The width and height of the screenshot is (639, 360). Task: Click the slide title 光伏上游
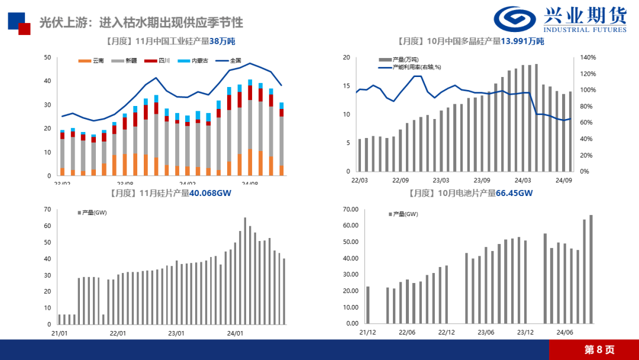coord(141,23)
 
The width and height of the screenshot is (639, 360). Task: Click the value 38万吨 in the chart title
coord(222,41)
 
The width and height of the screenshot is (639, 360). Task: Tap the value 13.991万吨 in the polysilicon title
coord(522,41)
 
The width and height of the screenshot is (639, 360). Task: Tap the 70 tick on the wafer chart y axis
coord(48,209)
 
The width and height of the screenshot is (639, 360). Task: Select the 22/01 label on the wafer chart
coord(118,333)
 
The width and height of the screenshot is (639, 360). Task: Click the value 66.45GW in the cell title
coord(515,193)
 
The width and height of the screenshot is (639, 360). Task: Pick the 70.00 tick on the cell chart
coord(351,209)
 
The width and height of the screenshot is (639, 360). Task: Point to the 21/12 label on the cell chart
coord(367,333)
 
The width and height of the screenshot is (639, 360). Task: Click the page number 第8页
coord(599,349)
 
